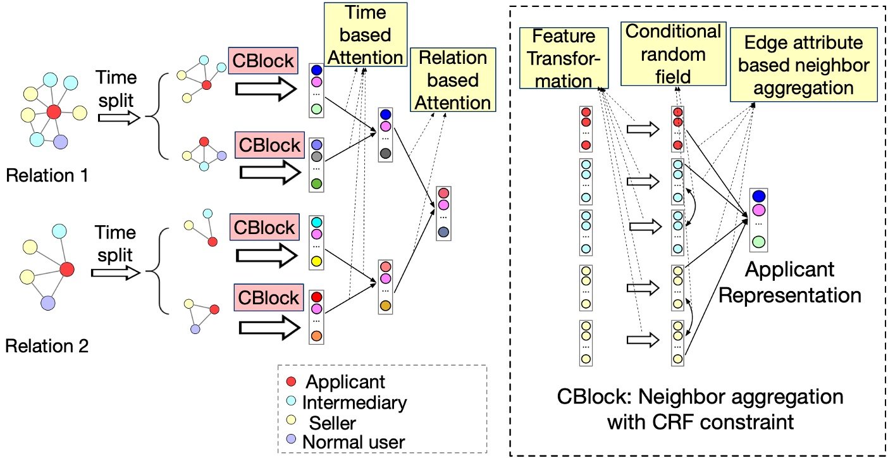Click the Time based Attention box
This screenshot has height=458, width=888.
pos(365,35)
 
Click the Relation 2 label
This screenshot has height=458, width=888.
pos(47,345)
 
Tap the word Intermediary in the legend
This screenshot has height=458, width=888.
pos(354,402)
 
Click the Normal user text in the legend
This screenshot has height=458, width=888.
pos(353,442)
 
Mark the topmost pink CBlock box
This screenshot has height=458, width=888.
pos(263,61)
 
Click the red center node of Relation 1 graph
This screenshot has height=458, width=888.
pos(54,113)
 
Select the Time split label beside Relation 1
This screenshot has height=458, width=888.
pos(116,89)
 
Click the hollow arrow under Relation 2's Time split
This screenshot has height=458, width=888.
pos(115,273)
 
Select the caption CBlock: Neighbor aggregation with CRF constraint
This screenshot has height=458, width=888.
pos(700,409)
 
